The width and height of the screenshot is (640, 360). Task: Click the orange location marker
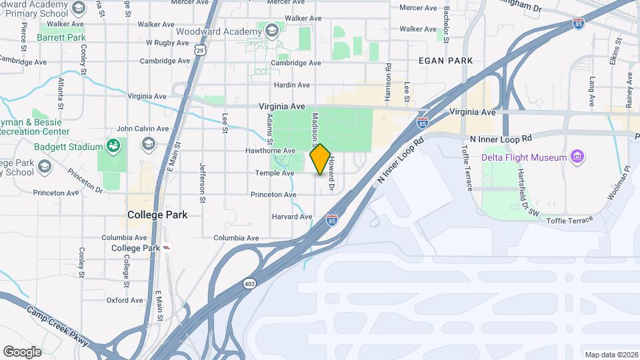[321, 159]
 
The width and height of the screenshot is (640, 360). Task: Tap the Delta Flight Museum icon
[577, 157]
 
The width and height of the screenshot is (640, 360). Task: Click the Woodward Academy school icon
[271, 31]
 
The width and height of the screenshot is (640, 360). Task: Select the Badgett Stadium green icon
[113, 146]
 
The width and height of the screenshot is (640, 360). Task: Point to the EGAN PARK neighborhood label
[446, 61]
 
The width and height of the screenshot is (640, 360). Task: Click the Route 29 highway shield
[201, 49]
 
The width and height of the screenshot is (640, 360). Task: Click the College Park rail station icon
[167, 247]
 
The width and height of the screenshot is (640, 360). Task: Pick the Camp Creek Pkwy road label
[57, 325]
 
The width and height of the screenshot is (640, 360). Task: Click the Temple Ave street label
[275, 173]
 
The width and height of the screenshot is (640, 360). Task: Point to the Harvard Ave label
[292, 217]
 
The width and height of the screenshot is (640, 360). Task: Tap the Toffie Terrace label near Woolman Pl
[569, 220]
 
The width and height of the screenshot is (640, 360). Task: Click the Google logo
[22, 351]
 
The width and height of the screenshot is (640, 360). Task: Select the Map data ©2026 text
[611, 355]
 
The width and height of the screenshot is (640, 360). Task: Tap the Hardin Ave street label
[292, 85]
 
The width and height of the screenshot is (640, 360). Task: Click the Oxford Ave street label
[125, 300]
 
